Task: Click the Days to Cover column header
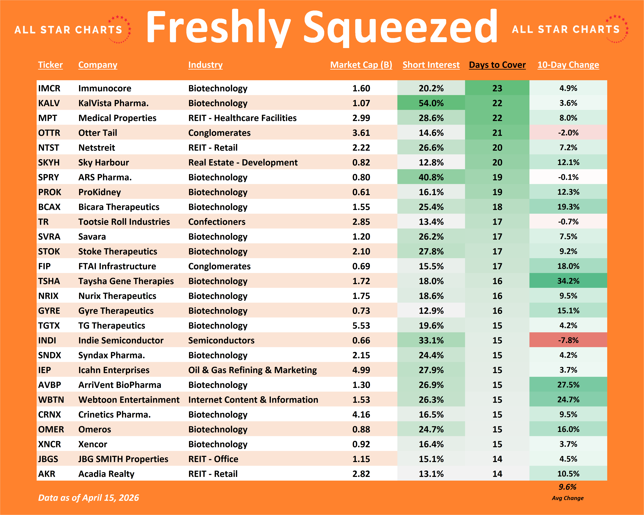(x=497, y=65)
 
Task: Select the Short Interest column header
(x=431, y=65)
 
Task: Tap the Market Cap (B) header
(x=361, y=65)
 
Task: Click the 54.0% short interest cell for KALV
(x=431, y=103)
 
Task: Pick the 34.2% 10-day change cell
(x=568, y=281)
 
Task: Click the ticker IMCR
(x=49, y=88)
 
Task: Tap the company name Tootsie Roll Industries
(x=124, y=222)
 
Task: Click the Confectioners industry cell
(x=217, y=222)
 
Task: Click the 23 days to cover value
(x=497, y=88)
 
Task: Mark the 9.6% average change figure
(x=567, y=487)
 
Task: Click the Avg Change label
(x=567, y=498)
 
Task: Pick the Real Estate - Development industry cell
(x=243, y=162)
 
